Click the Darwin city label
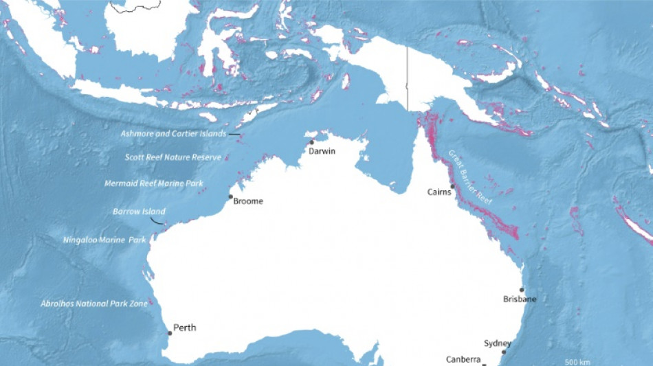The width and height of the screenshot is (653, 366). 322,151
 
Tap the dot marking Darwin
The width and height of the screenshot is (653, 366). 311,143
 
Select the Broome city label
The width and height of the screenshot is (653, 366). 248,201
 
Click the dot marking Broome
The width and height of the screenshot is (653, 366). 231,197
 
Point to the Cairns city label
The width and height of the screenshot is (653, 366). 439,192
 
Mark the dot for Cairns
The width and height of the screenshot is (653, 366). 452,186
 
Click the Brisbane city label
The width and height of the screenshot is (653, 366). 520,299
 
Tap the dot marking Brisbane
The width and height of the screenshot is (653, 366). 522,290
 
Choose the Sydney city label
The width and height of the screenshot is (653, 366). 498,343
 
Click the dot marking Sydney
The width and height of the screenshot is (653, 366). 504,352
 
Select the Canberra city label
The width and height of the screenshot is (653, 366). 463,359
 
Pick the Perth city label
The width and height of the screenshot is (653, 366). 185,328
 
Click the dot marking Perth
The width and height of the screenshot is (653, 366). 170,333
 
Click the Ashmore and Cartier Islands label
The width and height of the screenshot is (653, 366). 173,134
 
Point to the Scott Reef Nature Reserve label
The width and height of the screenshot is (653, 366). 173,157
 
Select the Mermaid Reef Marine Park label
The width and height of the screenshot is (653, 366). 163,183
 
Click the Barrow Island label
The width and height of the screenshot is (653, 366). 139,211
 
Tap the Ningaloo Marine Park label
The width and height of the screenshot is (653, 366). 104,240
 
